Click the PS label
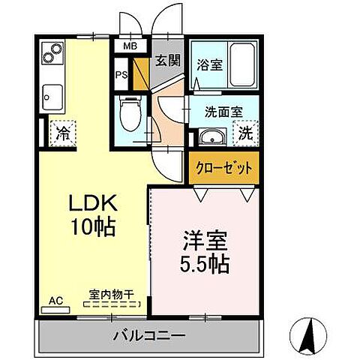point(121,74)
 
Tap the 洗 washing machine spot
point(245,136)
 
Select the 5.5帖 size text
point(203,264)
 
